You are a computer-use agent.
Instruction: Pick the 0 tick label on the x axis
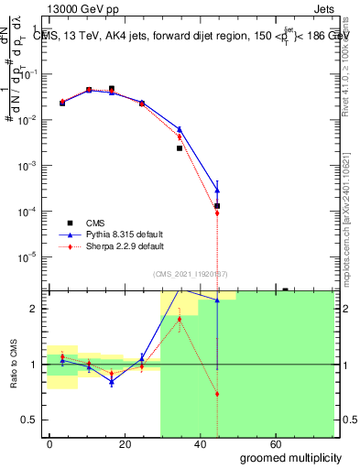(x=50, y=443)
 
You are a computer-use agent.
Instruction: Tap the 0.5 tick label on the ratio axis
(x=32, y=420)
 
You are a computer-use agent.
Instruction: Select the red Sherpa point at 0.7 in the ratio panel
(x=217, y=394)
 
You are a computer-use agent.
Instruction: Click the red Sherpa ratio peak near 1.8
(x=180, y=319)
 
